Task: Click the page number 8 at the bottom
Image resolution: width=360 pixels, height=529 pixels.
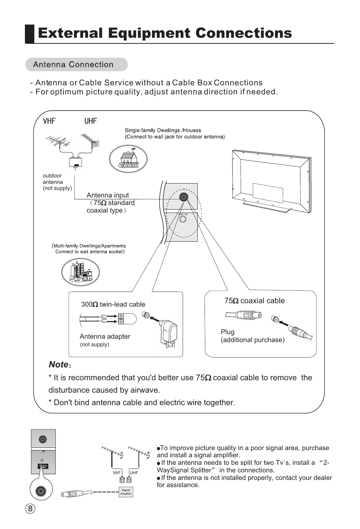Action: (30, 508)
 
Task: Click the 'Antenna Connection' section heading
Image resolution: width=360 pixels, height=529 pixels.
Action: (73, 65)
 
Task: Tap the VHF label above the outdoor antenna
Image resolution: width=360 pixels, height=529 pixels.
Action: (49, 121)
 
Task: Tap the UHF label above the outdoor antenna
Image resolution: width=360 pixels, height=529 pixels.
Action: (91, 121)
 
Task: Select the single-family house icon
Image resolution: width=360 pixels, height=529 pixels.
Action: (128, 159)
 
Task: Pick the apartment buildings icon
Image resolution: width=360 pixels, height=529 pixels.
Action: (80, 272)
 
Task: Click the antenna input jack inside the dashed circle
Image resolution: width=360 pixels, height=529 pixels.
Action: (183, 197)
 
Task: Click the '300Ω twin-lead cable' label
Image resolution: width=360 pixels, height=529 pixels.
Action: (113, 304)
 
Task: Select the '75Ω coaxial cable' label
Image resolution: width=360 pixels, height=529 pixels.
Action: (254, 301)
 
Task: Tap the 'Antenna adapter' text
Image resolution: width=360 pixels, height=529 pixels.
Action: (105, 336)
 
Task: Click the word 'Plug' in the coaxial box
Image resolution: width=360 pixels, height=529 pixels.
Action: (228, 332)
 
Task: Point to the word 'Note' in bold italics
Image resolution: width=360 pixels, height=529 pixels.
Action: (58, 364)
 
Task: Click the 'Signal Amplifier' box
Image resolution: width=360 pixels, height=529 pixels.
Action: (126, 492)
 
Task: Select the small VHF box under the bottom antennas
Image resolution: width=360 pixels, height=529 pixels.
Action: (117, 473)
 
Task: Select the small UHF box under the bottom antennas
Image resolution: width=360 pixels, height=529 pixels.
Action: (134, 473)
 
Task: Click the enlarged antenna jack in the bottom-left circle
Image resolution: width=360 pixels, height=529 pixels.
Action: (41, 491)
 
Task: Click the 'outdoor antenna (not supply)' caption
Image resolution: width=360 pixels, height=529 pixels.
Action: (57, 182)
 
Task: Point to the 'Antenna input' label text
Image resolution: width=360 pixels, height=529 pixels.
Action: (108, 195)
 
